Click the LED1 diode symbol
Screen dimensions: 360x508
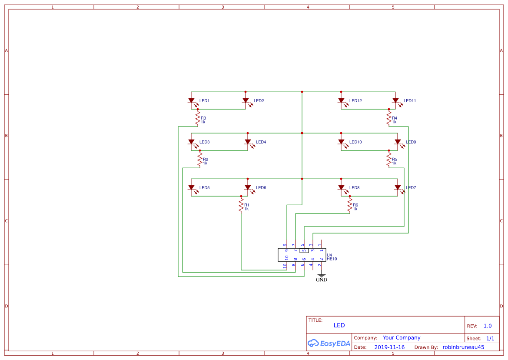click(x=191, y=101)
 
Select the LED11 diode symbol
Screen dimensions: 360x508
click(x=395, y=101)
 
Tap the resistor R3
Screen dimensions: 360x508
click(x=198, y=118)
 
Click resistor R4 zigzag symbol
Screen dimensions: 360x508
click(x=389, y=118)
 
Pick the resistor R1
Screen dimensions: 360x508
click(x=241, y=205)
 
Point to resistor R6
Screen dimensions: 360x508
click(x=350, y=205)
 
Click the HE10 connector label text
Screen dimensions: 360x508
click(x=332, y=259)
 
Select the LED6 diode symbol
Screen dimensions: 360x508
click(x=248, y=188)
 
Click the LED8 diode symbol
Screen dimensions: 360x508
click(x=341, y=188)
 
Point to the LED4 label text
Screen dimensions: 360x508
click(x=261, y=142)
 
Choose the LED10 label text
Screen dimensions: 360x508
click(x=355, y=142)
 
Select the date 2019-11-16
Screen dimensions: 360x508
click(x=389, y=347)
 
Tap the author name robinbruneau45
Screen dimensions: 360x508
click(x=463, y=347)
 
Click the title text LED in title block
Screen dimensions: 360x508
click(x=339, y=325)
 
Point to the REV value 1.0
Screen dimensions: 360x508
click(x=487, y=326)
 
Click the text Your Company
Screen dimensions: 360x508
click(x=402, y=337)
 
